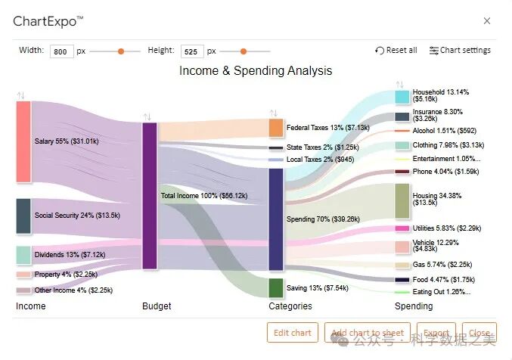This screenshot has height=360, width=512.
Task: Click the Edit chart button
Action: tap(292, 333)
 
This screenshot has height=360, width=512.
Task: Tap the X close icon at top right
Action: tap(487, 21)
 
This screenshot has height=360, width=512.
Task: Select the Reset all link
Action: tap(396, 51)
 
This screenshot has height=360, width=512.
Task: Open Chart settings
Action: tap(460, 51)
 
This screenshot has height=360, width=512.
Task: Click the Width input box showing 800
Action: tap(61, 51)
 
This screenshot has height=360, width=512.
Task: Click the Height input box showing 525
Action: tap(192, 51)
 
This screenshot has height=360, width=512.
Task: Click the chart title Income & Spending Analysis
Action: tap(256, 71)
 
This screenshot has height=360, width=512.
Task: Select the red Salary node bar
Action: tap(23, 141)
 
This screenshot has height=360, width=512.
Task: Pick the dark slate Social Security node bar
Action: tap(23, 216)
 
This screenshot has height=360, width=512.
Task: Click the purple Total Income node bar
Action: tap(150, 195)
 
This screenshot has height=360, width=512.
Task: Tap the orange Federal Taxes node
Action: tap(276, 128)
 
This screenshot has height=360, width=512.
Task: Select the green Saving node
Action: tap(276, 287)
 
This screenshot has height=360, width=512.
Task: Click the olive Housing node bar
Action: tap(402, 200)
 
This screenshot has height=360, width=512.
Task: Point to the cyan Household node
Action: tap(402, 97)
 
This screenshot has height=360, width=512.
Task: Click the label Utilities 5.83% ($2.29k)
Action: tap(447, 228)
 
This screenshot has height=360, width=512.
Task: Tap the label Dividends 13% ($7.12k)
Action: tap(70, 255)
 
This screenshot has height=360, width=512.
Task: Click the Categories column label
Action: tap(290, 306)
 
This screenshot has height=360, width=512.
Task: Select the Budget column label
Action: tap(157, 306)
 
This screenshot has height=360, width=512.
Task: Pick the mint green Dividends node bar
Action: tap(23, 255)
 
